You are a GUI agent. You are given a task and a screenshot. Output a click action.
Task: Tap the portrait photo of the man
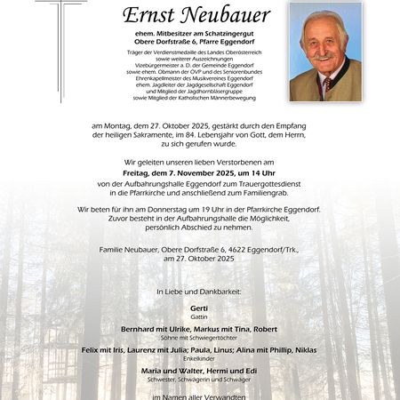coord(325,51)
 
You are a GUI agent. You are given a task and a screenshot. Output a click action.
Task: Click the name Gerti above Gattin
coord(199,308)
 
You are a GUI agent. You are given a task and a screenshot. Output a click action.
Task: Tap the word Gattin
coord(199,316)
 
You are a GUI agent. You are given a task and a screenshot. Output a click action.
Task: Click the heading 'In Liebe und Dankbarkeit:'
coord(199,292)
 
